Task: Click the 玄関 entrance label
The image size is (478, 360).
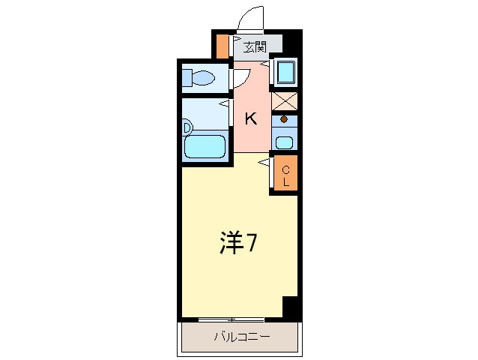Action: click(255, 47)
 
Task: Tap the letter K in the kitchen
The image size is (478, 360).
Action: click(251, 118)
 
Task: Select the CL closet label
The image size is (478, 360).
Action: click(285, 175)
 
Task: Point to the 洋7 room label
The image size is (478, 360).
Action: click(238, 242)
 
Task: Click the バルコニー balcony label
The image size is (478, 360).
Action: click(242, 337)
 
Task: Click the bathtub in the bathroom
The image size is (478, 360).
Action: click(205, 146)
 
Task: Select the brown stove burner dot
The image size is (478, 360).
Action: click(284, 119)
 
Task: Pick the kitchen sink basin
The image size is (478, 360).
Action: click(285, 142)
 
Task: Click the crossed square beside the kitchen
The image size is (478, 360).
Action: click(284, 101)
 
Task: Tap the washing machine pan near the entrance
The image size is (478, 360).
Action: click(285, 72)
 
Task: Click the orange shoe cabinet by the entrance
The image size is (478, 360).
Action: click(223, 46)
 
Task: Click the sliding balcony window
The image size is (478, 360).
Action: click(231, 319)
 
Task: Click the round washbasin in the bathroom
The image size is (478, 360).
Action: click(187, 128)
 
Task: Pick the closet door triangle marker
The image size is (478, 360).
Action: click(264, 163)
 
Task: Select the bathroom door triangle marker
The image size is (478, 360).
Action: click(224, 103)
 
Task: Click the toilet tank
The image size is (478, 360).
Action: click(187, 78)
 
